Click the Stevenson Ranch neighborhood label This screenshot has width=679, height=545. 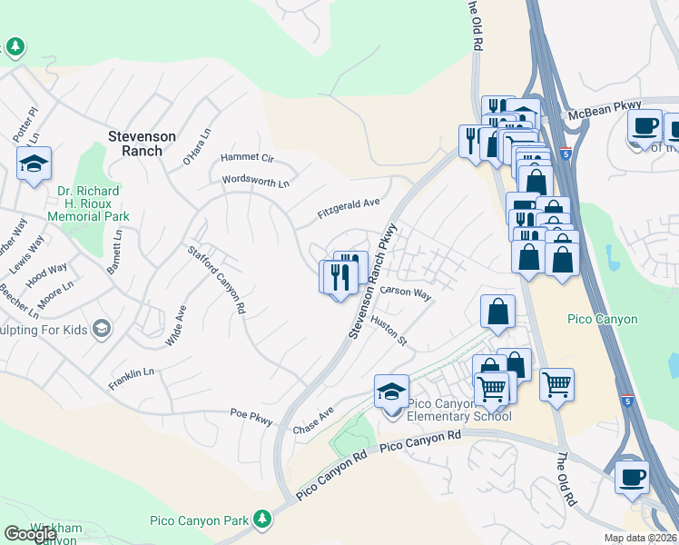[142, 144]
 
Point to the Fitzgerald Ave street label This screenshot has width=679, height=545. [348, 209]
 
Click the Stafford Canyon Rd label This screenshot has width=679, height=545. [217, 280]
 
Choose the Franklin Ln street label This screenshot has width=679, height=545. [132, 373]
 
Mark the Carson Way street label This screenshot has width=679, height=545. [407, 292]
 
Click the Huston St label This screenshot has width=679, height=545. [389, 330]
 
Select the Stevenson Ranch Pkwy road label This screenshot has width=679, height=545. [373, 282]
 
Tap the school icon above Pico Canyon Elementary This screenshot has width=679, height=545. [392, 392]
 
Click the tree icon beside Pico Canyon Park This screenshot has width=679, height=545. [262, 519]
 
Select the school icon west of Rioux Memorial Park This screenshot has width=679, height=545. [34, 164]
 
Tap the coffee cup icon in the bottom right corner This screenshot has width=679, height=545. [632, 477]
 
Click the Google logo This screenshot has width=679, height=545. [30, 534]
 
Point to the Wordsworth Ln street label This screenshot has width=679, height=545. [256, 182]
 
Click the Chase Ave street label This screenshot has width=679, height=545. [314, 420]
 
